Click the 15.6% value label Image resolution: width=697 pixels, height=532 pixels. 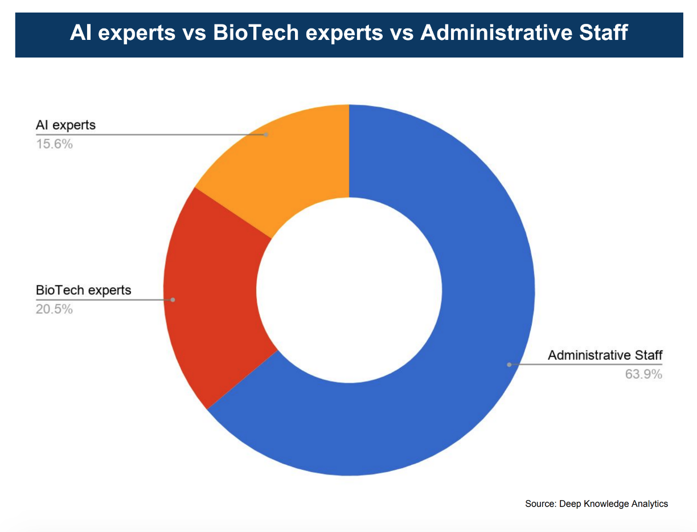(54, 144)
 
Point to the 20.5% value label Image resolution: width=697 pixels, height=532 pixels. (54, 309)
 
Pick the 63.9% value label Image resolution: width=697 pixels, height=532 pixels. (643, 374)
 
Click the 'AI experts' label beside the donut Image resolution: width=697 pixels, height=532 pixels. (66, 125)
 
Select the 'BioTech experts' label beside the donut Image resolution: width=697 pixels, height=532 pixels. (83, 290)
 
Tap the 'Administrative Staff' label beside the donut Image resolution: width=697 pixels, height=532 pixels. (605, 355)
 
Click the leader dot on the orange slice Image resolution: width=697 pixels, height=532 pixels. (266, 134)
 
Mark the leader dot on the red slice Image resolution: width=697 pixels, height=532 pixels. (173, 300)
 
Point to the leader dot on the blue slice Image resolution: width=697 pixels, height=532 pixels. (509, 365)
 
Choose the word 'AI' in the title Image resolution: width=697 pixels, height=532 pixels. (81, 32)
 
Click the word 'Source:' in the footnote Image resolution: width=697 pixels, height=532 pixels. (540, 504)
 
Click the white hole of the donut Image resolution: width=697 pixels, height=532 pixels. (349, 290)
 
